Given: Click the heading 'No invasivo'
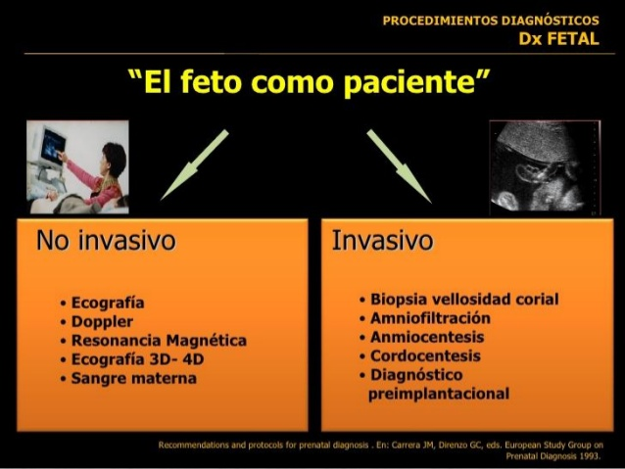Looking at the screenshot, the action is (x=106, y=240).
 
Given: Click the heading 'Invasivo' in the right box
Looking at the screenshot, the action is (x=382, y=240).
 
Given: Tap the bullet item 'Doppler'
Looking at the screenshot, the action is (x=102, y=322).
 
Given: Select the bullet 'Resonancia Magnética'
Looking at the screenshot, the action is (x=159, y=341).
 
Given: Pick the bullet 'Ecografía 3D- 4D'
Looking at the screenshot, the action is (x=137, y=359).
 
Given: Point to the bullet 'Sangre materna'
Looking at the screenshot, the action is (x=134, y=378).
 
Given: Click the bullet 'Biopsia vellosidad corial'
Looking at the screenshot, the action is (x=464, y=300).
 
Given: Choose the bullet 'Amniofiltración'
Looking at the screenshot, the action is (x=430, y=318).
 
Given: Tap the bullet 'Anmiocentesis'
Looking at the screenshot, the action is (x=427, y=337).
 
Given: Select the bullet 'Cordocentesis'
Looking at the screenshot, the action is (x=425, y=355).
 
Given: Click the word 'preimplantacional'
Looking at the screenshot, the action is (x=439, y=394).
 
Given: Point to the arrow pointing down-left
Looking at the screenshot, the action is (x=195, y=164).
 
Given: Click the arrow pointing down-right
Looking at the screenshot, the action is (x=399, y=166).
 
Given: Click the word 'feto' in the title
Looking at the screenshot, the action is (x=211, y=81).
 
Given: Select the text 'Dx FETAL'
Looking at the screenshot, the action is (x=558, y=38).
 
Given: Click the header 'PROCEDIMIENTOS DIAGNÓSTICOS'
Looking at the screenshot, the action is (x=491, y=21).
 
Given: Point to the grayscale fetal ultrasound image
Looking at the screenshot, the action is (x=545, y=167).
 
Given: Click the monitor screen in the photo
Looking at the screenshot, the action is (x=53, y=147).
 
